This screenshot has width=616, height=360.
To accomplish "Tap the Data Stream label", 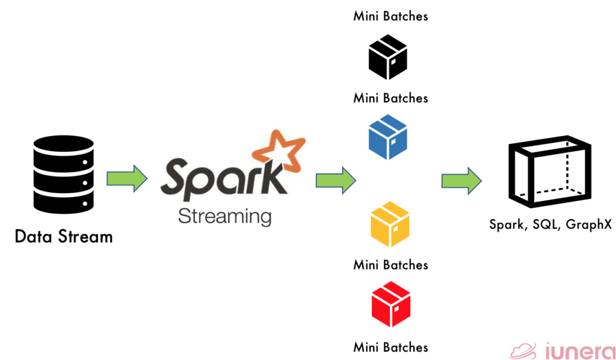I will coord(64,237).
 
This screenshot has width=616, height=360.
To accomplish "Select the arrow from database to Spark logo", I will coord(127,178).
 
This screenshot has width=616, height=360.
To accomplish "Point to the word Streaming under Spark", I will coord(224,216).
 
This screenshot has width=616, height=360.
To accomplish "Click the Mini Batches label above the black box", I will coord(390,16).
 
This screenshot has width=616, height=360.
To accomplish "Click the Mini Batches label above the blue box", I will coord(390,98).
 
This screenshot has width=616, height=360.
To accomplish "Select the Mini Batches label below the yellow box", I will coord(390,265).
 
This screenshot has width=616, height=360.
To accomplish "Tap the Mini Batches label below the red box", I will coord(390,347).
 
